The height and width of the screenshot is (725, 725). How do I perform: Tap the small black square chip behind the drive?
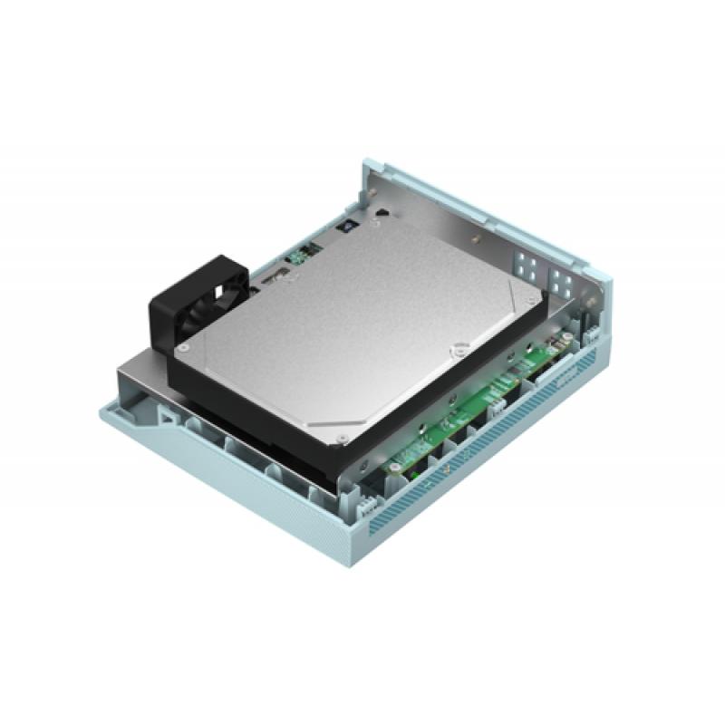(x=348, y=227)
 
